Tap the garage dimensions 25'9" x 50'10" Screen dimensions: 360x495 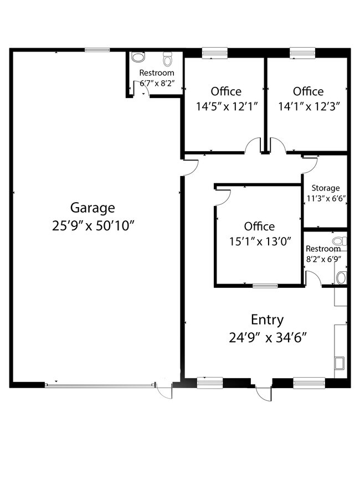click(93, 226)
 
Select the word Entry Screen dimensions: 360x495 click(267, 321)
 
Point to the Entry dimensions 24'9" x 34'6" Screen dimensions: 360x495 click(268, 338)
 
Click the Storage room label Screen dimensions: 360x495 click(326, 188)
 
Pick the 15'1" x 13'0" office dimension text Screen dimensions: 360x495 click(260, 241)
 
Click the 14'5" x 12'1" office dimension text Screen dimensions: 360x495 click(227, 106)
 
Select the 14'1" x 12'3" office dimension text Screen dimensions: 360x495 click(309, 106)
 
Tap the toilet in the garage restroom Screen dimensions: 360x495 click(167, 58)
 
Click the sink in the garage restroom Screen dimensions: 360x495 click(138, 57)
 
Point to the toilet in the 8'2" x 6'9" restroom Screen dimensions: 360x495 click(340, 241)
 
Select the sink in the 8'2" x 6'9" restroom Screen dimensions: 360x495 click(341, 278)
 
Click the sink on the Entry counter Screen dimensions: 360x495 click(339, 363)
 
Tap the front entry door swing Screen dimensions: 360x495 click(264, 393)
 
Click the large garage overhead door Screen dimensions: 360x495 click(100, 385)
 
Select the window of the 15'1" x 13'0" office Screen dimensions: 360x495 click(265, 286)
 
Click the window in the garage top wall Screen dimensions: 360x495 click(97, 50)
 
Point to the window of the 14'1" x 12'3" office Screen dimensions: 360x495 click(302, 53)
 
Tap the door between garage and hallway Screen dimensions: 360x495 click(191, 168)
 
